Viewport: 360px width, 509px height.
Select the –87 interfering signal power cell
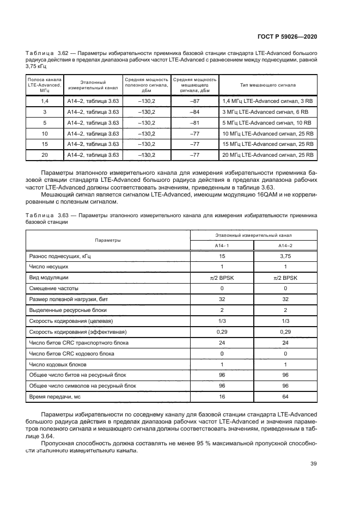pyautogui.click(x=194, y=101)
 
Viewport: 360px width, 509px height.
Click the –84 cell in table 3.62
pyautogui.click(x=194, y=112)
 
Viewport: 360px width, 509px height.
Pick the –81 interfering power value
pyautogui.click(x=194, y=122)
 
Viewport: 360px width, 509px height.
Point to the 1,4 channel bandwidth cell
pyautogui.click(x=45, y=101)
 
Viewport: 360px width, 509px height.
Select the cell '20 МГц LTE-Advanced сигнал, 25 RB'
pyautogui.click(x=267, y=155)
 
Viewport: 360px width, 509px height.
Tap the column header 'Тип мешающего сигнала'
pyautogui.click(x=268, y=85)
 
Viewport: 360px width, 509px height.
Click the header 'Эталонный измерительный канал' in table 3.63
pyautogui.click(x=253, y=236)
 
